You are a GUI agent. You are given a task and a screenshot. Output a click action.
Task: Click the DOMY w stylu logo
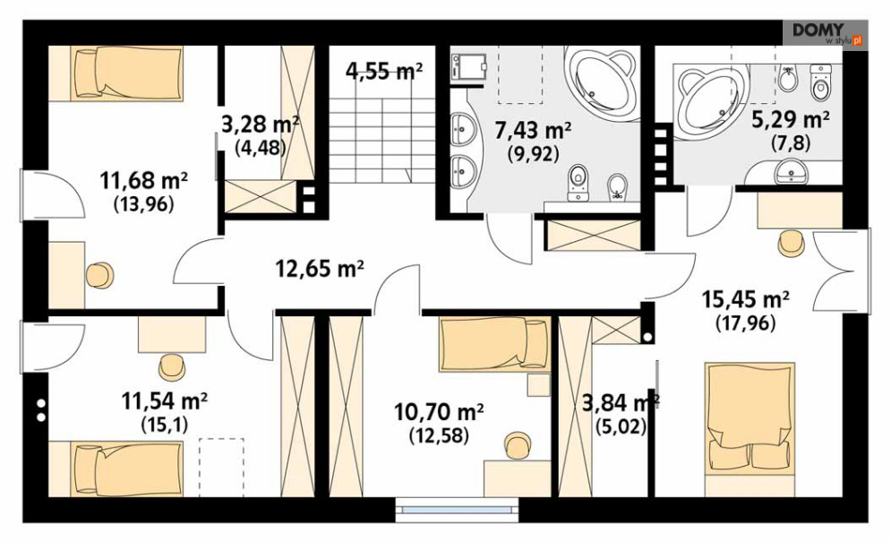825,33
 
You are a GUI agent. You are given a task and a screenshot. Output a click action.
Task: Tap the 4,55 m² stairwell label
384,71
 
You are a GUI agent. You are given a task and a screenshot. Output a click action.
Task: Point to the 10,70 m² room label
439,410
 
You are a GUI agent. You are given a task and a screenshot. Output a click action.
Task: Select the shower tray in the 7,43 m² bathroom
469,67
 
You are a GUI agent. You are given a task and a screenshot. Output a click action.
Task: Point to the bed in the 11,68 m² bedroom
128,74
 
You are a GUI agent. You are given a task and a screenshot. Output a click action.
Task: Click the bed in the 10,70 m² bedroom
495,344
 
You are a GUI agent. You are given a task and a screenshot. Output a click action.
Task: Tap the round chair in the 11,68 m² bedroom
100,275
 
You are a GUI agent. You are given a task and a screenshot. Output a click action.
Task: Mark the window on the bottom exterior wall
458,509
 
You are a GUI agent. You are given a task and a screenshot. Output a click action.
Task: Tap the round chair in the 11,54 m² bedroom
172,366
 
